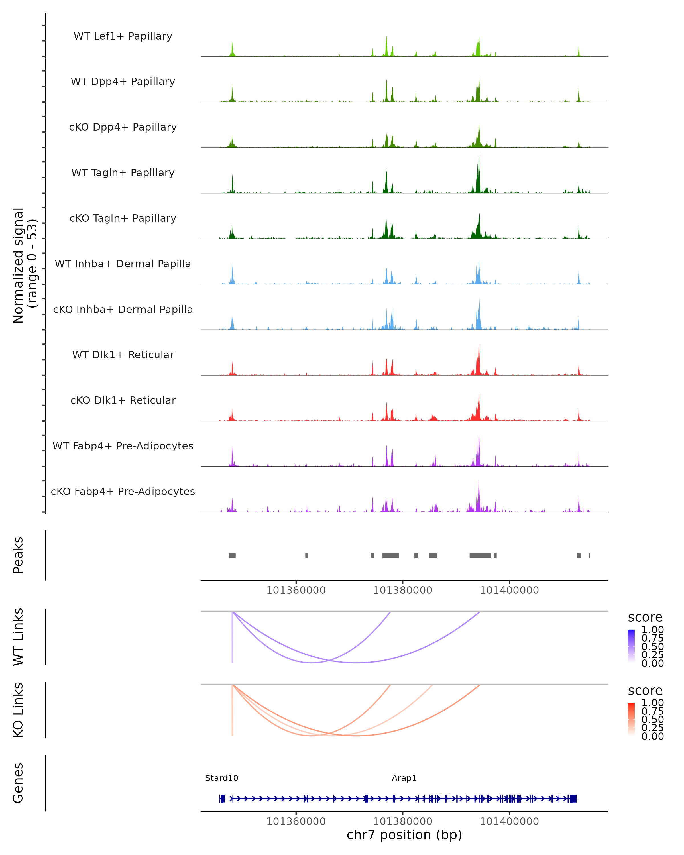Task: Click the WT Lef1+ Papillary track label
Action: click(123, 36)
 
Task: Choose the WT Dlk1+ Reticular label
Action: click(123, 355)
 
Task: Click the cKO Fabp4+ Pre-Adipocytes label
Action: click(123, 491)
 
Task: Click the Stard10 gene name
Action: click(222, 778)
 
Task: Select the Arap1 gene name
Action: click(404, 778)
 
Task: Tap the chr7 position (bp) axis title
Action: click(404, 835)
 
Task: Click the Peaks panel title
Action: click(18, 555)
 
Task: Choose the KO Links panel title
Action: click(18, 710)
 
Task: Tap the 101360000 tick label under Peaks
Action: click(296, 590)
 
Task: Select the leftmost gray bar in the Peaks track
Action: click(232, 555)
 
